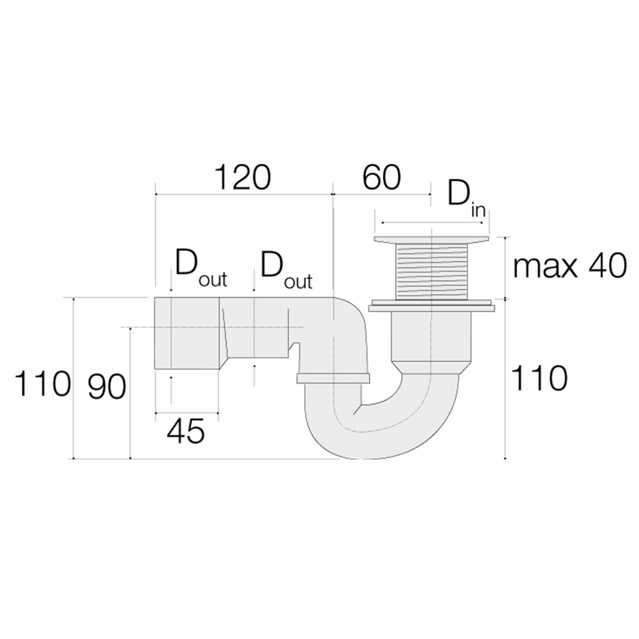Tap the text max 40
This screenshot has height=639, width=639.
pos(569,267)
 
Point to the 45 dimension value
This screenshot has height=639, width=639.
pos(185,431)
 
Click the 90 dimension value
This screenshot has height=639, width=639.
pos(107,388)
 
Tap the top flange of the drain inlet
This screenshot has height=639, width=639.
pos(431,241)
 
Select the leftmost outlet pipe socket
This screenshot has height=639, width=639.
pos(186,333)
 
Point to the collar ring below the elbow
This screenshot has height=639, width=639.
pos(333,379)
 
